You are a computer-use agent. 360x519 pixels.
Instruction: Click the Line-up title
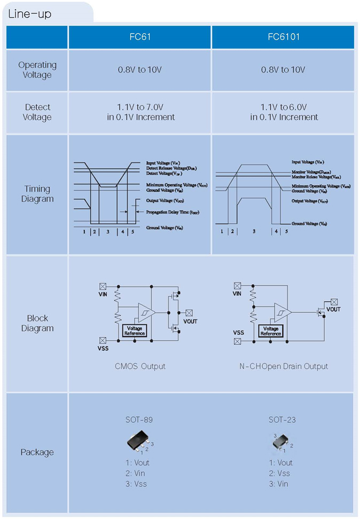click(x=30, y=14)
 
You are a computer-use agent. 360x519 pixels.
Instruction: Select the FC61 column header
click(x=140, y=37)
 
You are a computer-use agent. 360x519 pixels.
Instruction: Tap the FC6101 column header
click(x=283, y=37)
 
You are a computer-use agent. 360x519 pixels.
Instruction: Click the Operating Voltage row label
click(x=37, y=70)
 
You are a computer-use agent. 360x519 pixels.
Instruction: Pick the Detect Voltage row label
click(x=37, y=112)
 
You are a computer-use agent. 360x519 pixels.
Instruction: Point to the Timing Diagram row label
click(x=37, y=194)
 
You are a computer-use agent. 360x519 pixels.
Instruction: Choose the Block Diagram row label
click(x=37, y=323)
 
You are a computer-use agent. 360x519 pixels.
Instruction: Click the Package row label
click(x=37, y=452)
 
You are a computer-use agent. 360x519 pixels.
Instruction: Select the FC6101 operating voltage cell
click(x=283, y=70)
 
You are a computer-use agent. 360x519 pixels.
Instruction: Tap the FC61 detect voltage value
click(x=140, y=112)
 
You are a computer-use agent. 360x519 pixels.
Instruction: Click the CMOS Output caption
click(x=140, y=366)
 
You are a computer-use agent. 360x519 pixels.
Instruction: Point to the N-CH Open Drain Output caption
click(x=283, y=366)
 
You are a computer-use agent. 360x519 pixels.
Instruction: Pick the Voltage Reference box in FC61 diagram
click(x=135, y=331)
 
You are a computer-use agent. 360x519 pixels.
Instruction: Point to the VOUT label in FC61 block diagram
click(x=190, y=321)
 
